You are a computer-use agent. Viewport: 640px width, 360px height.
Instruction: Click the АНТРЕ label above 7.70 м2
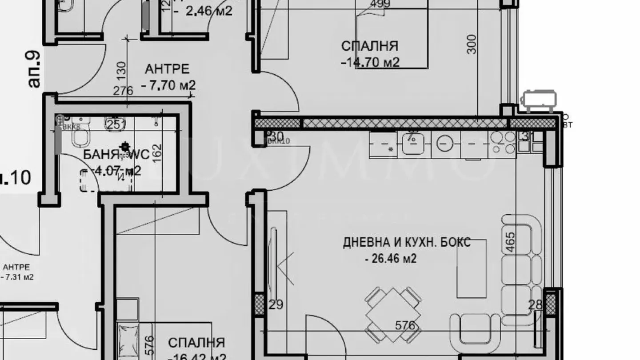click(167, 69)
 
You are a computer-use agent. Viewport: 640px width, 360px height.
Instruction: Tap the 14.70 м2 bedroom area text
click(370, 62)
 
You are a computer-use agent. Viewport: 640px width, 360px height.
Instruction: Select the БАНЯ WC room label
click(123, 155)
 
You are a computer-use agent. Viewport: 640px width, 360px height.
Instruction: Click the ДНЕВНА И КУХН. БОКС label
click(407, 243)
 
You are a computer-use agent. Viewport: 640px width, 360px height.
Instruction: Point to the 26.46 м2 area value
click(391, 258)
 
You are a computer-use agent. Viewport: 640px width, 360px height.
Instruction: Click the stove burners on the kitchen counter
click(502, 143)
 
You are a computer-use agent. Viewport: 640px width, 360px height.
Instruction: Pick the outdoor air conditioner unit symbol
click(539, 100)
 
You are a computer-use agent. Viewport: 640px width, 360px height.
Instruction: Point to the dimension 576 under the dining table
click(405, 326)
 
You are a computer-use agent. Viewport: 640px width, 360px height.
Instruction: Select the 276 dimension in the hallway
click(123, 91)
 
